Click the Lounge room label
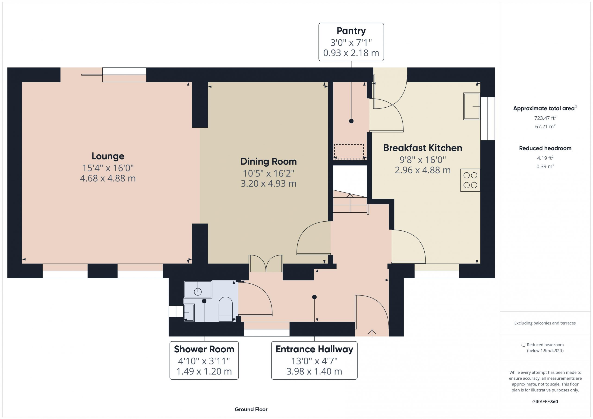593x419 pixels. pos(108,156)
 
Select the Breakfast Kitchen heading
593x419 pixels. pos(423,148)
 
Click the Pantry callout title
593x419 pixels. pos(351,31)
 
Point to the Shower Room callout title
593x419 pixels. pos(204,349)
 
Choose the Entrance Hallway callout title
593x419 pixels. pos(314,349)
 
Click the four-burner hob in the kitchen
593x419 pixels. pos(470,180)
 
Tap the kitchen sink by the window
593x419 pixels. pos(472,106)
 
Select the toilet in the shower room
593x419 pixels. pos(225,309)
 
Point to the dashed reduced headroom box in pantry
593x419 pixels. pos(349,152)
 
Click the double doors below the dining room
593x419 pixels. pos(266,263)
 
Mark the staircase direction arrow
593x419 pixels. pos(350,203)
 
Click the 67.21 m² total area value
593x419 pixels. pos(545,126)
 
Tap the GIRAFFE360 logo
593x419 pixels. pos(545,402)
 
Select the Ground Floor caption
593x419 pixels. pos(251,410)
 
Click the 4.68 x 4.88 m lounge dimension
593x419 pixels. pos(108,178)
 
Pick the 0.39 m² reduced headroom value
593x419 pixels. pos(545,166)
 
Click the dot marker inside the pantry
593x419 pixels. pos(351,121)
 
